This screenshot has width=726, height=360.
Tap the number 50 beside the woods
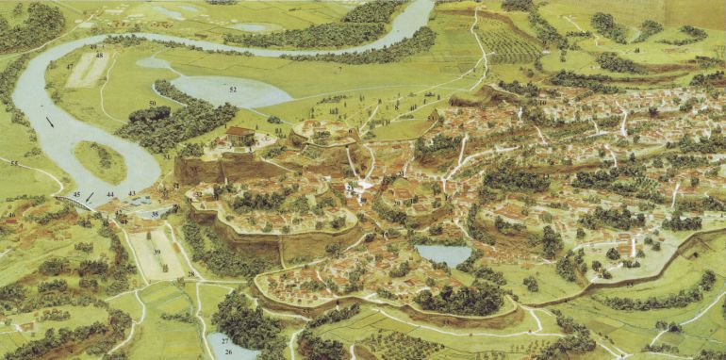152,103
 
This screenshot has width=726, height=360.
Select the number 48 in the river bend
100,56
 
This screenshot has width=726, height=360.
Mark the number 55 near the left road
13,163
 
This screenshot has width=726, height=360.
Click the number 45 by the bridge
76,195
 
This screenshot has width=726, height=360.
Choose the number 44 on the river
110,194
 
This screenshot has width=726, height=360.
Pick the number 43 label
132,194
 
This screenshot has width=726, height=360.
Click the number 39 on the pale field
157,252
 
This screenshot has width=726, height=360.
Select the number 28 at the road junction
190,274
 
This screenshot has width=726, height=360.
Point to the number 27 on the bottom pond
224,338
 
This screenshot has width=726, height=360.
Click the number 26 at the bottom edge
229,352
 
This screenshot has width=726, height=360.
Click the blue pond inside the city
443,254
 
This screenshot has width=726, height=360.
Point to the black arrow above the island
49,122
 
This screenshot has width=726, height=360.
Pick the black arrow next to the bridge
91,196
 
